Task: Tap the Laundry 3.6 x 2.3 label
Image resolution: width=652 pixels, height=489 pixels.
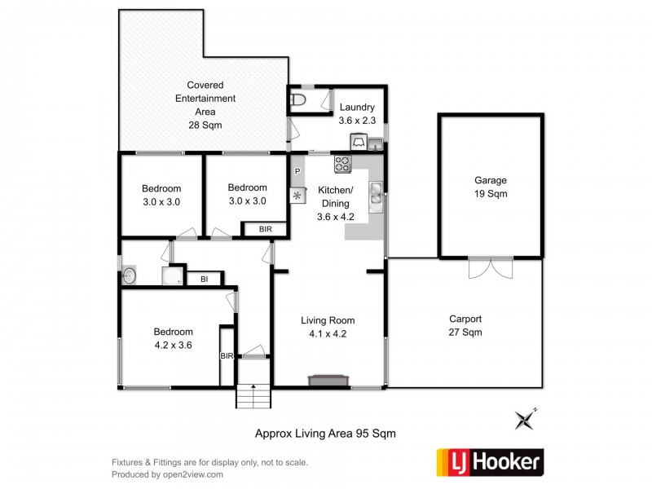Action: pyautogui.click(x=357, y=113)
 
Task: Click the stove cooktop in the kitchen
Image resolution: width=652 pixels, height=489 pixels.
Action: pyautogui.click(x=341, y=165)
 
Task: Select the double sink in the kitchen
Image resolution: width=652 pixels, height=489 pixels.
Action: pyautogui.click(x=376, y=196)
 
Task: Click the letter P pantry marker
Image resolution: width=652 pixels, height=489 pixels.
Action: pyautogui.click(x=297, y=172)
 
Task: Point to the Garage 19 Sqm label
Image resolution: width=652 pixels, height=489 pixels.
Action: pyautogui.click(x=491, y=187)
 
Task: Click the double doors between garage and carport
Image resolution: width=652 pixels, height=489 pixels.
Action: pyautogui.click(x=491, y=268)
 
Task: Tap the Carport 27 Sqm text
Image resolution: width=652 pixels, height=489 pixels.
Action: pyautogui.click(x=465, y=325)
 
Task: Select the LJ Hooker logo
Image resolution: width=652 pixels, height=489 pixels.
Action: pyautogui.click(x=490, y=462)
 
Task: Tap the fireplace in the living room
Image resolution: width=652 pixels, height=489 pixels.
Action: pyautogui.click(x=328, y=380)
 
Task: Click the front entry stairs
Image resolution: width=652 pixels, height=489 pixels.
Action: pyautogui.click(x=253, y=395)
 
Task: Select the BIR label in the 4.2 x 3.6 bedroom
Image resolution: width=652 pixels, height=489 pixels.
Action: pyautogui.click(x=227, y=355)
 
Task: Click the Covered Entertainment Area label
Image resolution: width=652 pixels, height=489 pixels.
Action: pyautogui.click(x=205, y=105)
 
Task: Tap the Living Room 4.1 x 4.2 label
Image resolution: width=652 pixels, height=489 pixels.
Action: pyautogui.click(x=328, y=326)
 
